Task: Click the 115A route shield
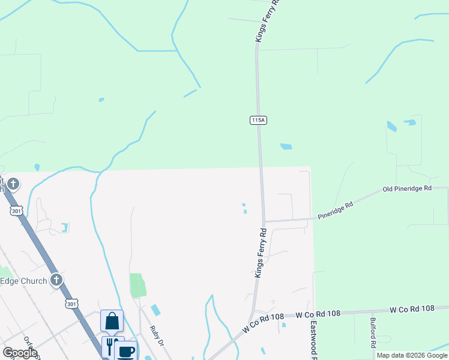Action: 258,121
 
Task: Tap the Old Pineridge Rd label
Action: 408,188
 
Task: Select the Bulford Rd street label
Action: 373,332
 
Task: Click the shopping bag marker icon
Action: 112,321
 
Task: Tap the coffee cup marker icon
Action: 125,351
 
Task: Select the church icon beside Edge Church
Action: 56,280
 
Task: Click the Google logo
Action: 20,353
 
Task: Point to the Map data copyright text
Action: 412,355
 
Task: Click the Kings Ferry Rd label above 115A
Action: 268,21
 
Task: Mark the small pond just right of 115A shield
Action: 286,146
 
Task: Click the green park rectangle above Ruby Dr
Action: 138,285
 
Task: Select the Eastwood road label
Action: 313,339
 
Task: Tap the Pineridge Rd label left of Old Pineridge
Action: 336,211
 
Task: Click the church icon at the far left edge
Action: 13,184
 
